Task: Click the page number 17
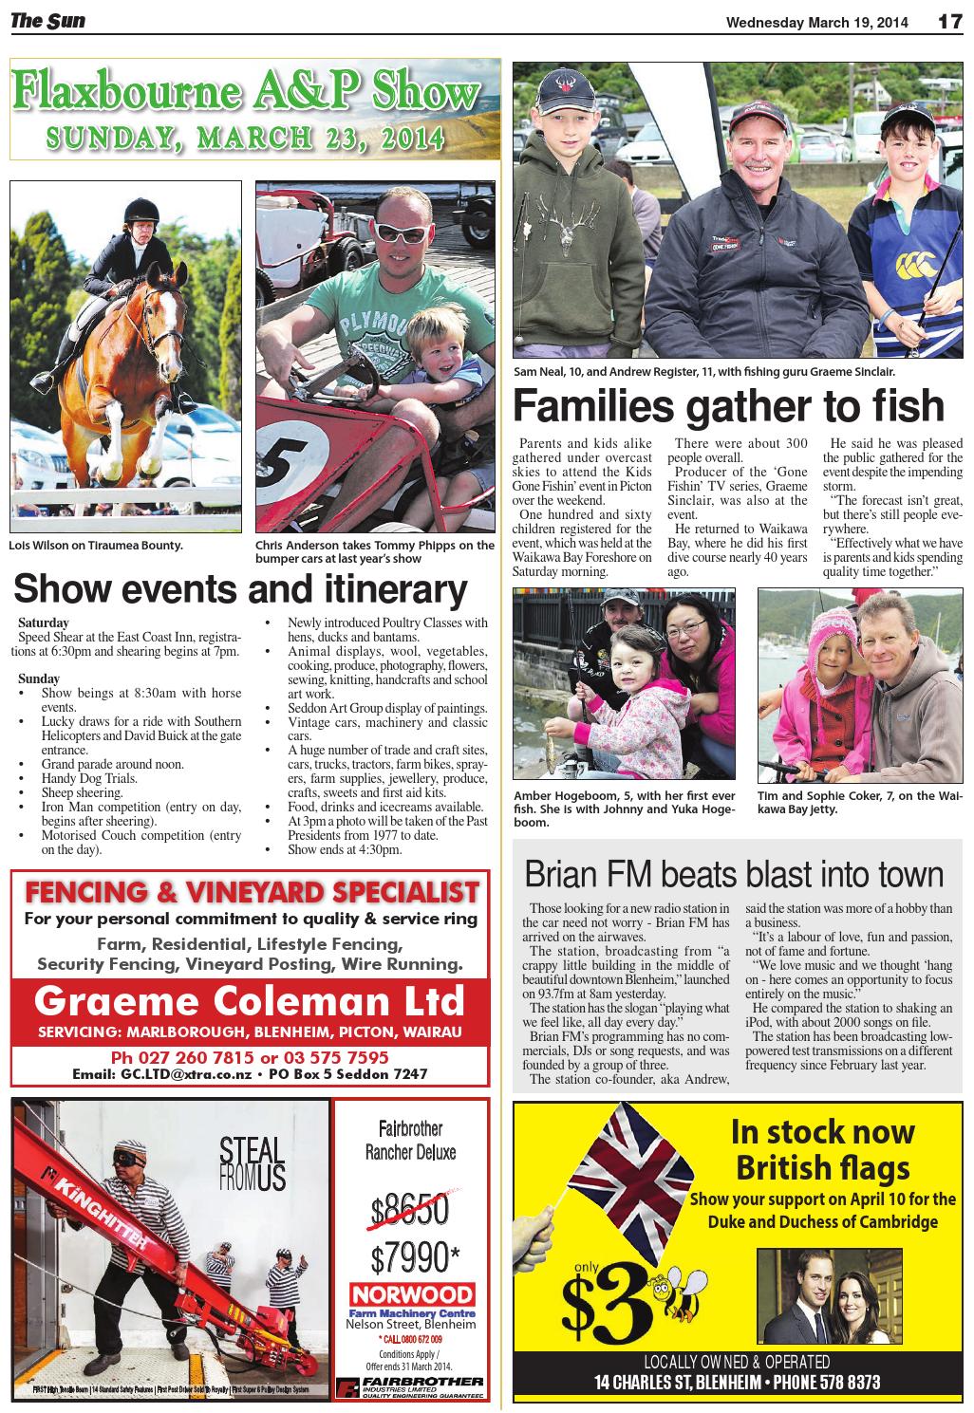click(950, 21)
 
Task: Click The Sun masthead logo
click(47, 20)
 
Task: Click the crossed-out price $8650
click(410, 1208)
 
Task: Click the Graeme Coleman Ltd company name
click(250, 1001)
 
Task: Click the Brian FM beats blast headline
click(734, 873)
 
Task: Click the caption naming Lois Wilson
click(95, 546)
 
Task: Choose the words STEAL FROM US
click(252, 1163)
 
